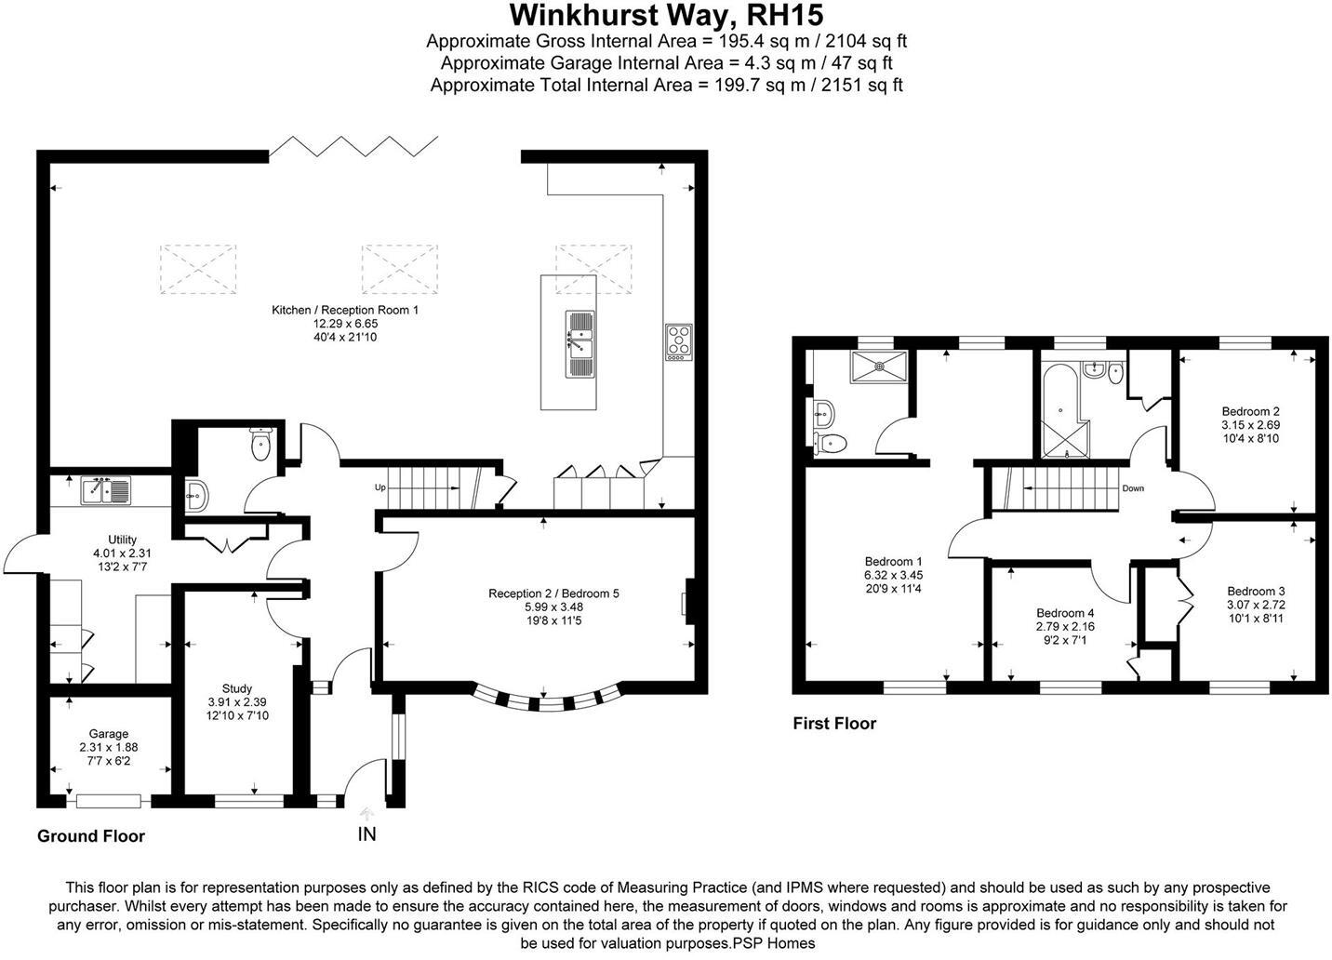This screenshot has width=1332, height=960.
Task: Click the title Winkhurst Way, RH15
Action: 666,16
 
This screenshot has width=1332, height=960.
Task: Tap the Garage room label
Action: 109,734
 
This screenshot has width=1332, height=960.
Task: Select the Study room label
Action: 236,689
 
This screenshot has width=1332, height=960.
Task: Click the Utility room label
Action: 122,540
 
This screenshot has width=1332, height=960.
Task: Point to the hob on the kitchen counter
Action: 679,341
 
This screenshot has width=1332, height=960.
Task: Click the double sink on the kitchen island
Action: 579,343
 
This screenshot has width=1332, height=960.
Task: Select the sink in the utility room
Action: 108,489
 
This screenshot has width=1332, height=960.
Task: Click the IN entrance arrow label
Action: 367,833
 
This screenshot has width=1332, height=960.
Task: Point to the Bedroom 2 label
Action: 1250,411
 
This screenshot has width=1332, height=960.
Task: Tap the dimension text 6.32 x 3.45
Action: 893,575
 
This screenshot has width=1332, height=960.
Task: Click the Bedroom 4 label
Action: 1065,613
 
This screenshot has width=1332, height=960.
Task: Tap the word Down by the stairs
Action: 1132,488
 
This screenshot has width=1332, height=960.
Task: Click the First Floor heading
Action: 833,723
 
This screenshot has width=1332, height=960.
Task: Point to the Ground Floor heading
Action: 90,835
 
